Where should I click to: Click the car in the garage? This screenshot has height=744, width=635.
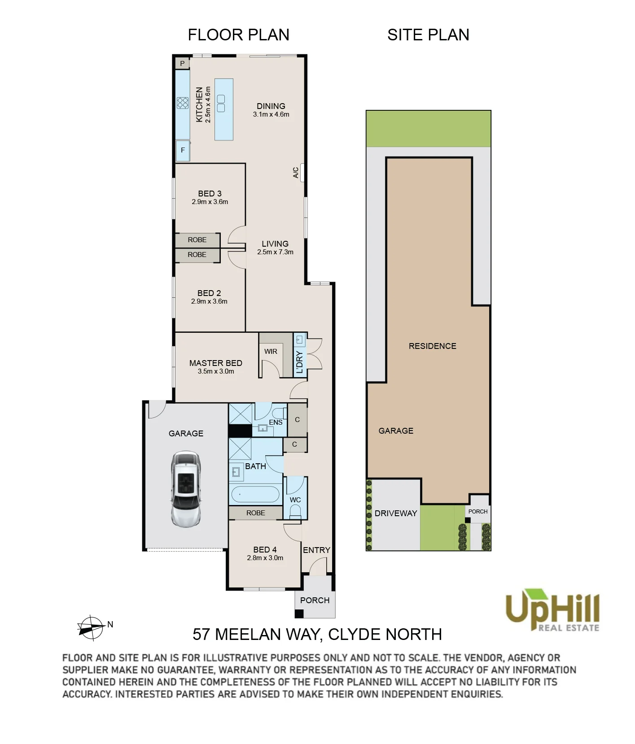(x=185, y=489)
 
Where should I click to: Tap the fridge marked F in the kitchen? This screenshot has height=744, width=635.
(x=183, y=150)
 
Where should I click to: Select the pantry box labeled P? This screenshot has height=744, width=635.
(x=182, y=64)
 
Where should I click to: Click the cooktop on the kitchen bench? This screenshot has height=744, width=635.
(x=183, y=103)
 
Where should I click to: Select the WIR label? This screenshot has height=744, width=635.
(x=271, y=352)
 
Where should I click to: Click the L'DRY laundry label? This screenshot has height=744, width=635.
(x=300, y=362)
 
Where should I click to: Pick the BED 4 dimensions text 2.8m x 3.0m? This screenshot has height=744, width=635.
(x=265, y=558)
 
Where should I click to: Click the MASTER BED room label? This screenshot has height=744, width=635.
(x=216, y=363)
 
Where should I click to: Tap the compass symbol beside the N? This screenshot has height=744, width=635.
(x=91, y=627)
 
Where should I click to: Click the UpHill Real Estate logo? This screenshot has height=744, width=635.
(x=552, y=610)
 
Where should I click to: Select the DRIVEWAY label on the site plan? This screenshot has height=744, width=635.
(x=396, y=513)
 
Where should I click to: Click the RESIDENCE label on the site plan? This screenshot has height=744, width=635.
(x=433, y=346)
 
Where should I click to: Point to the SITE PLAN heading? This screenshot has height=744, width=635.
(x=428, y=35)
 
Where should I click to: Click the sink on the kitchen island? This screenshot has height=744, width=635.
(x=220, y=104)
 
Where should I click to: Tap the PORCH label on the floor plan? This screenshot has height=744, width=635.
(x=315, y=600)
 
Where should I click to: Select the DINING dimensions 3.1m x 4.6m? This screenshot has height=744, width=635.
(x=271, y=114)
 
